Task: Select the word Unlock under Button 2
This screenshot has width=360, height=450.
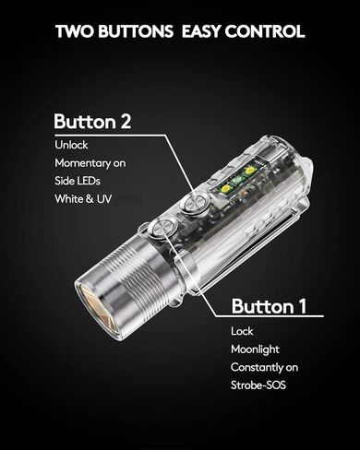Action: coord(71,146)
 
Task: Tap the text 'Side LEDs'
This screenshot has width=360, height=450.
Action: coord(78,179)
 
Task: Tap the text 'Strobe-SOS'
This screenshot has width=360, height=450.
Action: coord(258,386)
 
